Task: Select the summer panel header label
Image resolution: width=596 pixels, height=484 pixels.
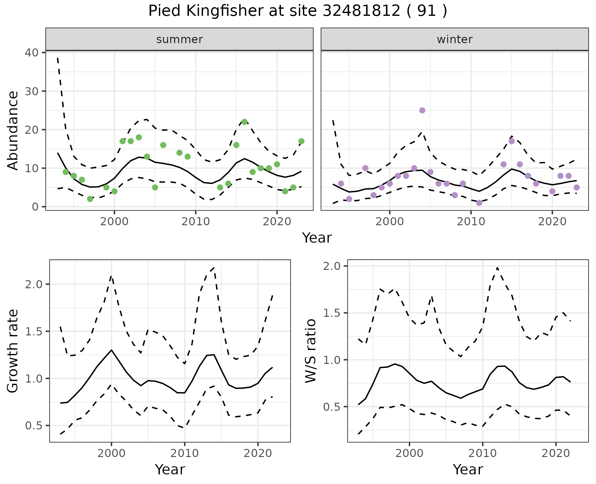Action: (179, 39)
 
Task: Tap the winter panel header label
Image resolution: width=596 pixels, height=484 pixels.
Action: (454, 39)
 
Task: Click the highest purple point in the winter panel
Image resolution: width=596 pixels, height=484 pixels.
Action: (422, 110)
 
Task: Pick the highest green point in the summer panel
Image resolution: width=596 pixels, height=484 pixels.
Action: (244, 122)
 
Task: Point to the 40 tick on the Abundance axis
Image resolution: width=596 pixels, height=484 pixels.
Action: (32, 52)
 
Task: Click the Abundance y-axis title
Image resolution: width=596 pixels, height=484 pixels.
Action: (13, 130)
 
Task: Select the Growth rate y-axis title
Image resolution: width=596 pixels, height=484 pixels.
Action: (13, 351)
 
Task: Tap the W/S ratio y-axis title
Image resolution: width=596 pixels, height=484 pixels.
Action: (311, 351)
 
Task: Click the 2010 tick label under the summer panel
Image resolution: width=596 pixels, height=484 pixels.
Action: (196, 222)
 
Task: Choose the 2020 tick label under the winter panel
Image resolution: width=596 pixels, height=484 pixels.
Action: (553, 222)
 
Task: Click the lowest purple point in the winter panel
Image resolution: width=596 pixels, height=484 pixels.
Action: (479, 203)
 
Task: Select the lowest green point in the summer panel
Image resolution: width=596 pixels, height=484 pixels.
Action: (90, 199)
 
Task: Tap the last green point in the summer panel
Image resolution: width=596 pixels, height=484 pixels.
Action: (301, 141)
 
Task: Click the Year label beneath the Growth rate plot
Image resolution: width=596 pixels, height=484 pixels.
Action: (170, 469)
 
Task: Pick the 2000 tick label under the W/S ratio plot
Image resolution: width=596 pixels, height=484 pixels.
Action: (409, 453)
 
